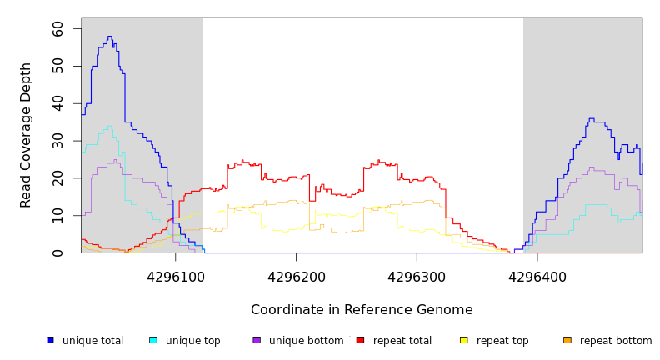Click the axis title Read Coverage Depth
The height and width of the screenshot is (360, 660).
27,135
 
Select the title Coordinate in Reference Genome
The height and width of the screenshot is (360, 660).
362,310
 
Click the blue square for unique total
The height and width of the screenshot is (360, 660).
51,340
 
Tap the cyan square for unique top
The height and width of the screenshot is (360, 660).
153,340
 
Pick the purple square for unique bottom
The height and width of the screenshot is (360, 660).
257,340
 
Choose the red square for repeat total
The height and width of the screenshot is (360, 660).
360,340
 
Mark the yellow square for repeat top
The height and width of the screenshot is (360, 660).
464,340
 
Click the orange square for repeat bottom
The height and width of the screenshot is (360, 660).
567,340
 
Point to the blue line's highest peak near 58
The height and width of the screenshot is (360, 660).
109,37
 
